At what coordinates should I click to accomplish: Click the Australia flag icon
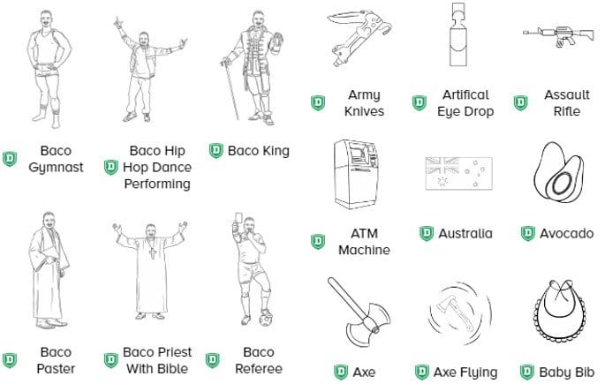click(x=457, y=174)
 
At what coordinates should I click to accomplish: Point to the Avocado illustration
click(x=560, y=174)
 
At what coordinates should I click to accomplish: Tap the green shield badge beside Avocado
click(x=528, y=234)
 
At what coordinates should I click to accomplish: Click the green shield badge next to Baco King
click(x=216, y=151)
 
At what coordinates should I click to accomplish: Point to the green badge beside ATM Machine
click(x=317, y=241)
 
